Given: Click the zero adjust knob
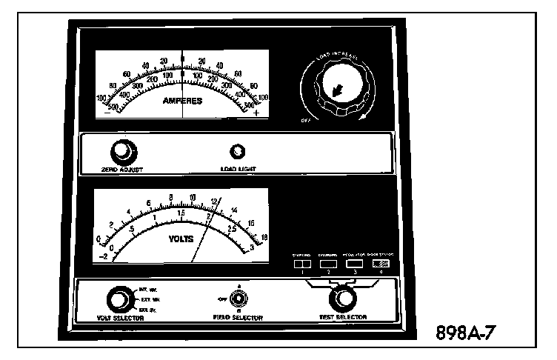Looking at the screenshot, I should point(121,152).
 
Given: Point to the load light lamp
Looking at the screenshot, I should point(238,152).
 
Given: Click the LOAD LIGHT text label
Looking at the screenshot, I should point(239,168).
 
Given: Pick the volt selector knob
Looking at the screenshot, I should point(116,299).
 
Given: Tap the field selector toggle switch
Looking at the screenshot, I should point(239,299).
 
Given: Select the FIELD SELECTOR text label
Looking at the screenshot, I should point(239,317).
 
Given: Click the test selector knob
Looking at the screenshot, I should point(342,299).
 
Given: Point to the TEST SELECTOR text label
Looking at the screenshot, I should point(342,317).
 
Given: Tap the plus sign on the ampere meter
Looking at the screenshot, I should point(256,113).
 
